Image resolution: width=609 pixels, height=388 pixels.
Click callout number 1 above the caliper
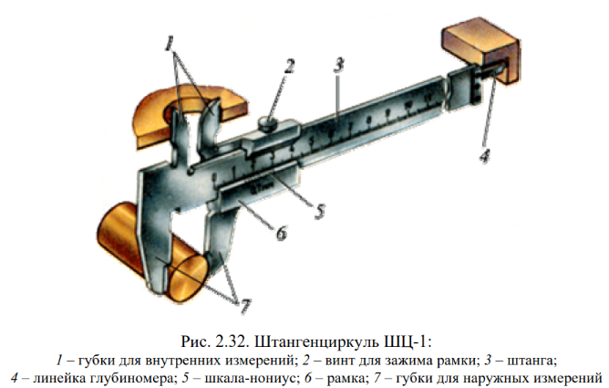(170, 41)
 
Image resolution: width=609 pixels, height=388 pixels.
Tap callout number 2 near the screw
(288, 66)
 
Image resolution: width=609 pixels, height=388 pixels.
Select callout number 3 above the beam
(337, 66)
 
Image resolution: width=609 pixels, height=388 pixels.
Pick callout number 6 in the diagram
(281, 234)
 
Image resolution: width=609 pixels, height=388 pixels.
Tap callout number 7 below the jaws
(239, 300)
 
